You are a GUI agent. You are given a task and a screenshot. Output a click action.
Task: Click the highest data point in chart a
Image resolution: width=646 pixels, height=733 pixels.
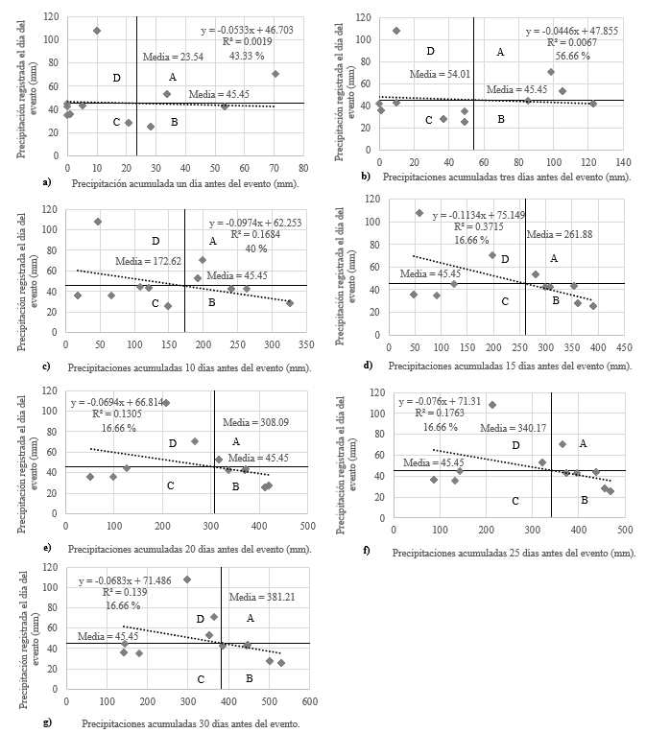point(97,31)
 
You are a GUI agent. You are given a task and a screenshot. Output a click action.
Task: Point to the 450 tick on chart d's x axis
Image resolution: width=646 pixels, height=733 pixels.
point(624,345)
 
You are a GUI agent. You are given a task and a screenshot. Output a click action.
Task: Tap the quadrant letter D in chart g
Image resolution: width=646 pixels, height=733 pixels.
point(200,620)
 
